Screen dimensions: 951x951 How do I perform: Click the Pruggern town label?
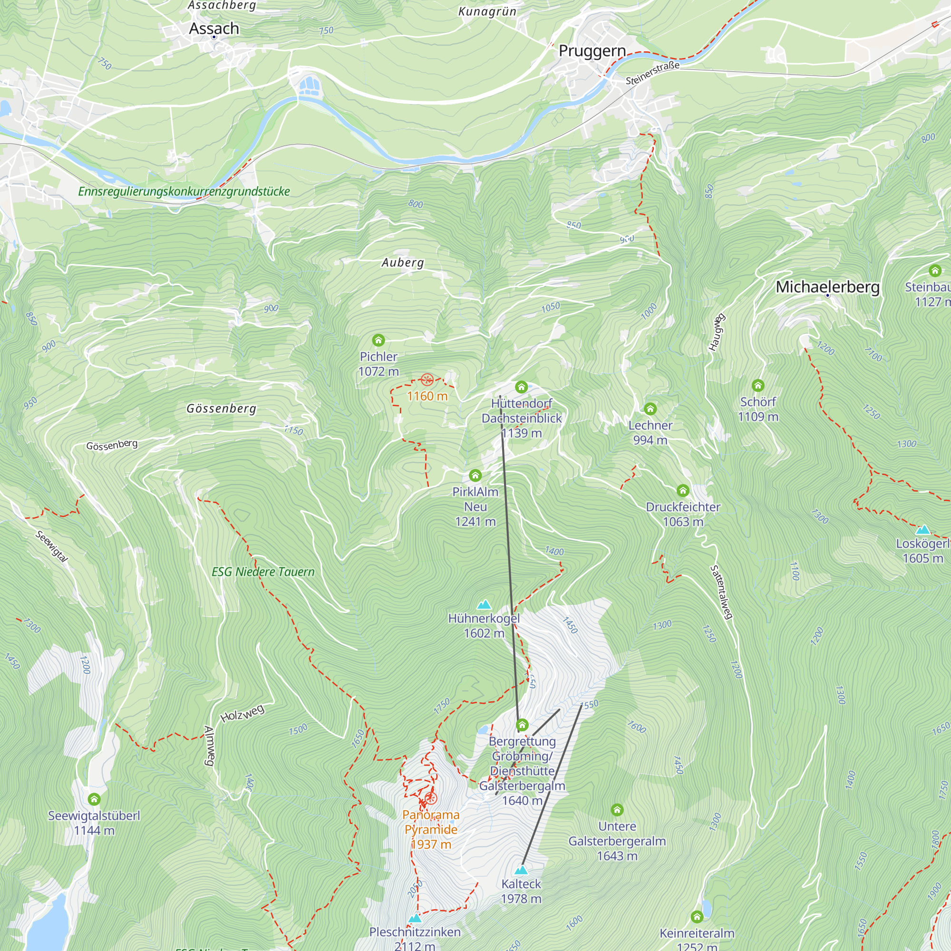592,51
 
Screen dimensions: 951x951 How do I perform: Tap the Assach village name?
213,29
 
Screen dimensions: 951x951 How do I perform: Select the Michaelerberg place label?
827,287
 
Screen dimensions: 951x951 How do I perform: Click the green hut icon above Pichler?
378,340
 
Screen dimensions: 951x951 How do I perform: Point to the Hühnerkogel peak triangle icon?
484,604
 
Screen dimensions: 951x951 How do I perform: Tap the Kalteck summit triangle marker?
521,870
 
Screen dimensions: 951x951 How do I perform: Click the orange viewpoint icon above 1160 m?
427,379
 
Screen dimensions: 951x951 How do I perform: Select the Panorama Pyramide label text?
431,822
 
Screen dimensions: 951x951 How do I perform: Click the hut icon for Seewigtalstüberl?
94,799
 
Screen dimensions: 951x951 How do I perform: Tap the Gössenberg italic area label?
221,408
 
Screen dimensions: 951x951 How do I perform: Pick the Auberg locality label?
403,263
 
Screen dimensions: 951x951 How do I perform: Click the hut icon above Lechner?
650,408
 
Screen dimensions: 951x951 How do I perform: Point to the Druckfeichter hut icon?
682,490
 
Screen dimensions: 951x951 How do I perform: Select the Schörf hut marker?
757,386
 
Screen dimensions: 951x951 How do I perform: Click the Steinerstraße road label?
652,73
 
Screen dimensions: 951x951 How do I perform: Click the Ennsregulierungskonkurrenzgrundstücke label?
184,192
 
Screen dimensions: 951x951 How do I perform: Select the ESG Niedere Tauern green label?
263,572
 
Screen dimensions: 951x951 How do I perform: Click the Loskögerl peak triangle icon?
922,530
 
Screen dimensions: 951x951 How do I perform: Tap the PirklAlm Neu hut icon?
475,475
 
